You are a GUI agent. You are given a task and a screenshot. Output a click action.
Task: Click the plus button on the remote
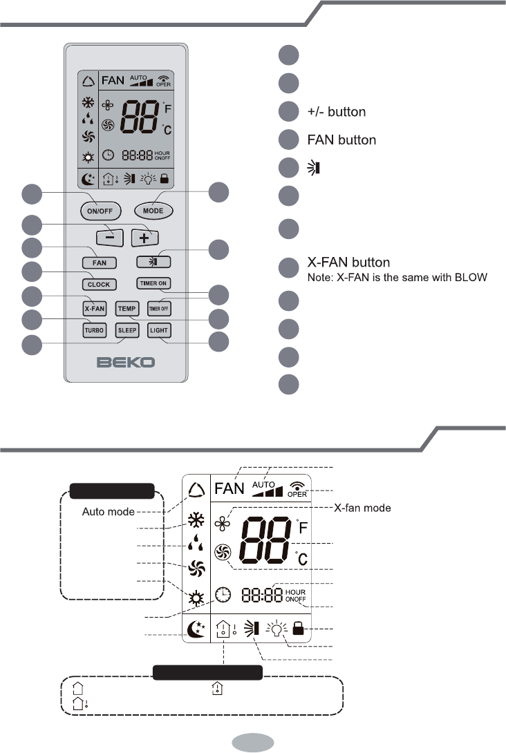[145, 237]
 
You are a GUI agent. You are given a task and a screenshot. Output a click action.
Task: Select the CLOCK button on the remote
[99, 284]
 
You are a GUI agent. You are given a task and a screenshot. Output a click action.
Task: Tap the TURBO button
[94, 331]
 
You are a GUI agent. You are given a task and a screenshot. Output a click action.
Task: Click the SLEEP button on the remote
[127, 331]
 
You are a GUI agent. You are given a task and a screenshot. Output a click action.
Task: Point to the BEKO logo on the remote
[126, 362]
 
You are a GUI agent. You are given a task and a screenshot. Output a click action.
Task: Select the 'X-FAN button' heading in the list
[348, 263]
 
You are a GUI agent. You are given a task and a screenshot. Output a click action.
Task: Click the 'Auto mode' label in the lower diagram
[109, 512]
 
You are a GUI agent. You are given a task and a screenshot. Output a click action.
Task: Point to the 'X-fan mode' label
[363, 508]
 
